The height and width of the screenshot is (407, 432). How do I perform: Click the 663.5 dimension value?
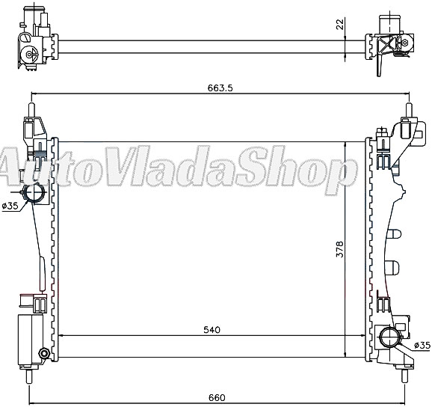pyautogui.click(x=221, y=88)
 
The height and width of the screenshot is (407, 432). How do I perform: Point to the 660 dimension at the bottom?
pyautogui.click(x=216, y=397)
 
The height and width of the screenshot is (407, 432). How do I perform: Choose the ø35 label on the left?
pyautogui.click(x=10, y=206)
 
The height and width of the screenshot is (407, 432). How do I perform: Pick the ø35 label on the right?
pyautogui.click(x=422, y=345)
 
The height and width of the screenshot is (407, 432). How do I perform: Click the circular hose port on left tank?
pyautogui.click(x=35, y=194)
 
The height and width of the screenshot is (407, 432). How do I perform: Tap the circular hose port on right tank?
pyautogui.click(x=389, y=335)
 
